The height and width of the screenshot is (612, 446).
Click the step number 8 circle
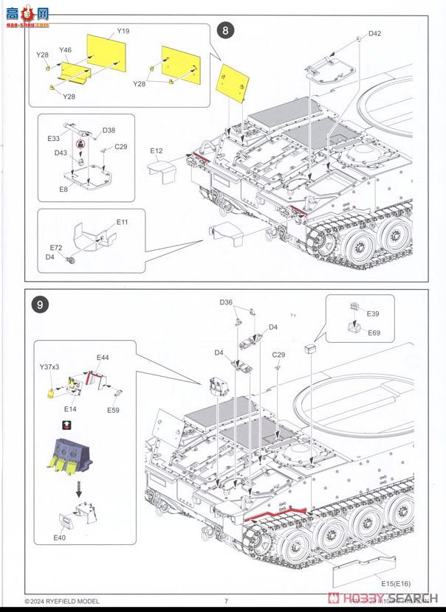(x=226, y=31)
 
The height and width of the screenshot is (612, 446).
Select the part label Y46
(x=66, y=50)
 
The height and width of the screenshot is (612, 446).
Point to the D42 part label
(x=374, y=34)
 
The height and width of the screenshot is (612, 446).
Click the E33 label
(x=53, y=139)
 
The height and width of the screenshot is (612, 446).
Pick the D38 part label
(x=109, y=130)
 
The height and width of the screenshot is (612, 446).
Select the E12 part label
(x=156, y=151)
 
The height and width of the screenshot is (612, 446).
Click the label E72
(x=55, y=248)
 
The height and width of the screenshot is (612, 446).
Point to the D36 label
(x=226, y=302)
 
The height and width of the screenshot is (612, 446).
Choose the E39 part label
(x=374, y=313)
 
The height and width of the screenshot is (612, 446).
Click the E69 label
(x=374, y=333)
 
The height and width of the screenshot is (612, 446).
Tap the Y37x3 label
(x=50, y=366)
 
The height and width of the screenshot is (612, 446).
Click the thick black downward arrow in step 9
(x=76, y=487)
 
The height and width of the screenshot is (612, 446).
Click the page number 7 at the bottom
(x=226, y=601)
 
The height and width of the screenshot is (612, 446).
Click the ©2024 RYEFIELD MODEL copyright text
(x=63, y=601)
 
